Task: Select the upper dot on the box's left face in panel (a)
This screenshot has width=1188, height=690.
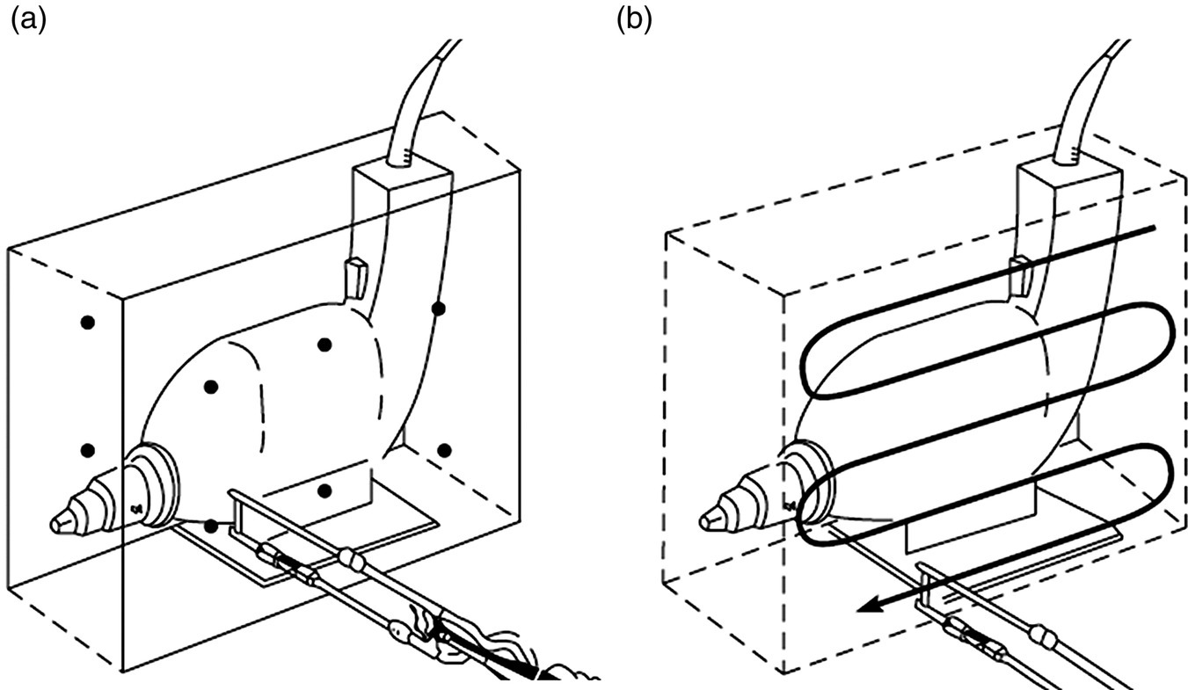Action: pyautogui.click(x=86, y=323)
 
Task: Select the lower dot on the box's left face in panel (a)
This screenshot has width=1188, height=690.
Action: pyautogui.click(x=86, y=450)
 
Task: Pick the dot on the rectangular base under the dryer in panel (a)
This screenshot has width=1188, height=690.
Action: pyautogui.click(x=324, y=490)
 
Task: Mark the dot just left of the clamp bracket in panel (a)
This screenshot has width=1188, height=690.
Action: pyautogui.click(x=211, y=526)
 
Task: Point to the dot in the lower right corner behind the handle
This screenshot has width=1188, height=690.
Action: pyautogui.click(x=444, y=450)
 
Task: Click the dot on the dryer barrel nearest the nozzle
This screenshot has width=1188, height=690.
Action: pyautogui.click(x=210, y=387)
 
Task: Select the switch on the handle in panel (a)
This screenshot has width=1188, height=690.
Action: pyautogui.click(x=354, y=277)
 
